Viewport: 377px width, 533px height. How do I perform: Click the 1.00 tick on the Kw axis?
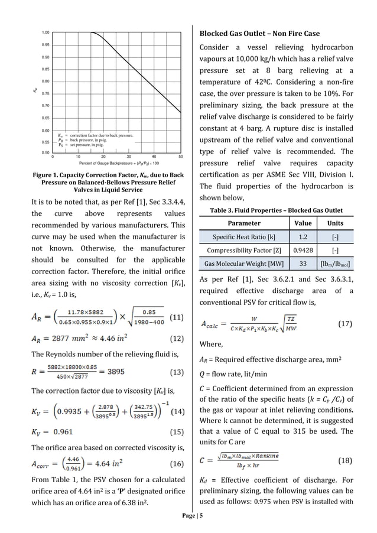(x=45, y=32)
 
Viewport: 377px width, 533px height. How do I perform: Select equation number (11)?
(x=177, y=317)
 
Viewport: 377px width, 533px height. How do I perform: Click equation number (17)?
(x=345, y=324)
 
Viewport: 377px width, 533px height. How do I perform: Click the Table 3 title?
(x=276, y=210)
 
